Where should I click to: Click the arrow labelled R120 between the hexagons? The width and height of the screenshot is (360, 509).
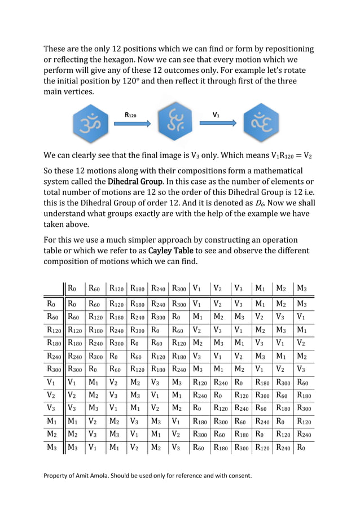132,122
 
